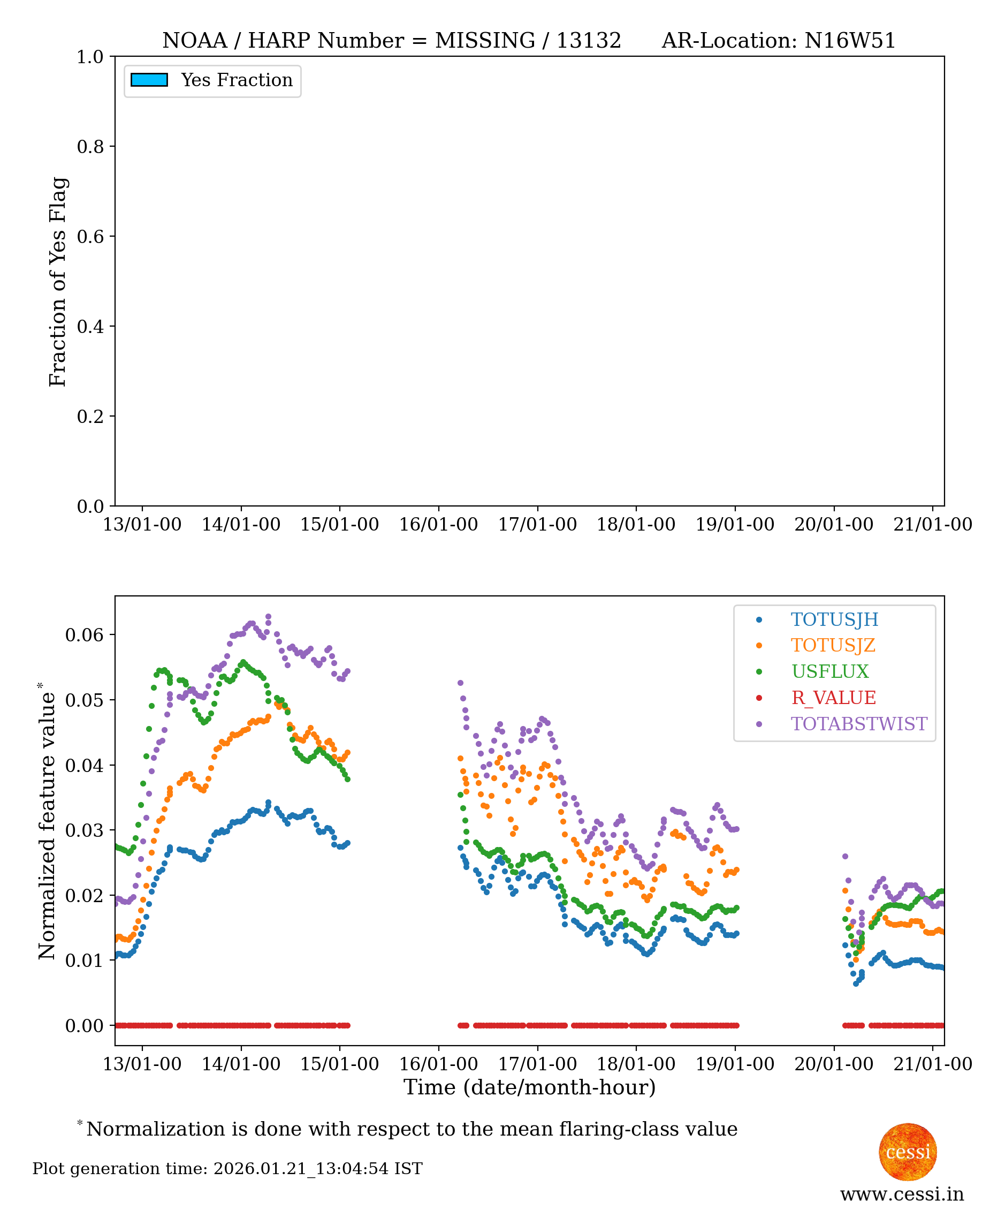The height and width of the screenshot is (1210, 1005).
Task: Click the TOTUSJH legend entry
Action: click(834, 619)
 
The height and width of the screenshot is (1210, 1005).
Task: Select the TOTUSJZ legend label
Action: click(832, 645)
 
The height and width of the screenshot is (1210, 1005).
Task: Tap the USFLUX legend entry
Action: click(829, 671)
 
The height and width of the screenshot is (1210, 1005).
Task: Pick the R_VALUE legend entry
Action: click(833, 698)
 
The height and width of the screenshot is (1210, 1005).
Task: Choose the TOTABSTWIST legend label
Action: click(858, 724)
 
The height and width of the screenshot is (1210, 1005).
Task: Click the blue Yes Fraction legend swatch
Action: click(149, 80)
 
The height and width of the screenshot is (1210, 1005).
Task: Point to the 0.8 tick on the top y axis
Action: click(90, 147)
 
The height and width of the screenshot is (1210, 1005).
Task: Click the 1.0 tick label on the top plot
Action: click(90, 57)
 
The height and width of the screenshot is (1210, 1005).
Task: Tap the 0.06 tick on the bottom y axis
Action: click(84, 635)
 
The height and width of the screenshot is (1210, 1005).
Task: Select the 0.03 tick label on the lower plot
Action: click(84, 830)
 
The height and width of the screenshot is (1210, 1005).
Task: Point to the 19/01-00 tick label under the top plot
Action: click(735, 524)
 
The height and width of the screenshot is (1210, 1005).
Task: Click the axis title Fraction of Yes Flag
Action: click(58, 282)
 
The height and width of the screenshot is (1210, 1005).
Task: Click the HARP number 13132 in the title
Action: click(589, 41)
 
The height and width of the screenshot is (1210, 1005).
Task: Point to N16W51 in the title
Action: click(849, 41)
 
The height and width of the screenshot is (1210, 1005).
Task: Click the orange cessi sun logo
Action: click(908, 1152)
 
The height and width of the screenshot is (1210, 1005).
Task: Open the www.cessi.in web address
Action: click(901, 1194)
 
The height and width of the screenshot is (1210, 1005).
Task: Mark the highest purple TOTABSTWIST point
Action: click(269, 617)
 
